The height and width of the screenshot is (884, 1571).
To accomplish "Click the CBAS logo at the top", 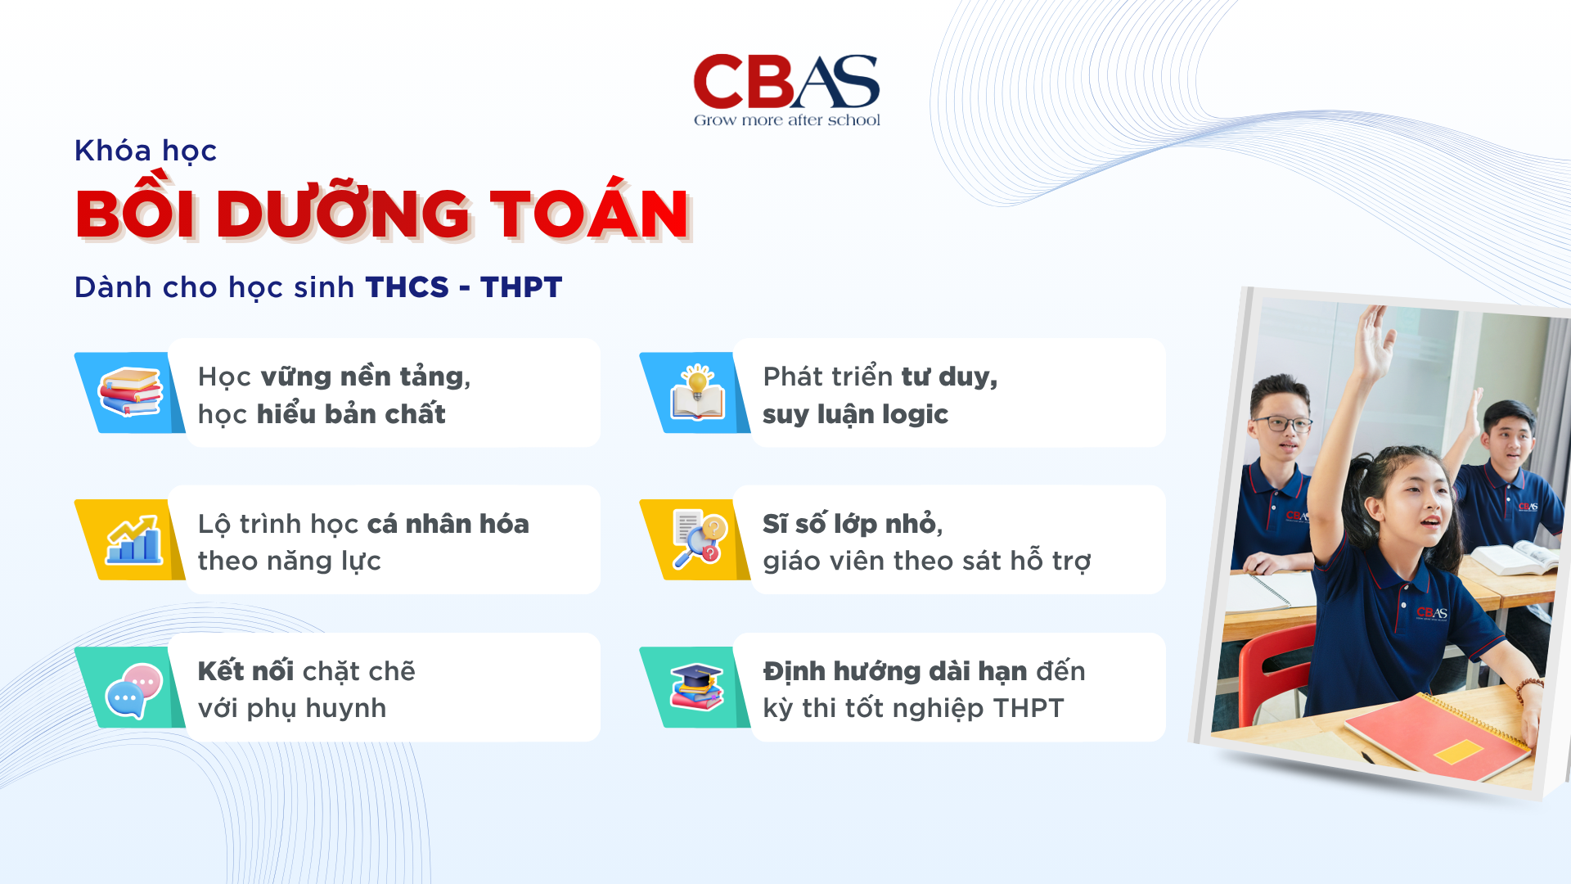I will (786, 82).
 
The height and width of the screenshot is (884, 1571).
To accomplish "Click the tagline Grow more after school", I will (786, 120).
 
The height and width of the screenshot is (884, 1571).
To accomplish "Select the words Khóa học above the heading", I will (146, 151).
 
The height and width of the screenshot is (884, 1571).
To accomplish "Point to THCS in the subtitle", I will (407, 287).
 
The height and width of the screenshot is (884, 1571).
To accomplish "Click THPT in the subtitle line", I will (521, 287).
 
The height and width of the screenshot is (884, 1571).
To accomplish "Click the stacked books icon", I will (129, 392).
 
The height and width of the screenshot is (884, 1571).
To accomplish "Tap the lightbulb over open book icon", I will (697, 393).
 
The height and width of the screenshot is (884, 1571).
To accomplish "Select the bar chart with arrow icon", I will (133, 540).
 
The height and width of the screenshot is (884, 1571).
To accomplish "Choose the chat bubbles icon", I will (133, 690).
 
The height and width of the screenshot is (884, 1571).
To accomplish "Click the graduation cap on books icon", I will (697, 687).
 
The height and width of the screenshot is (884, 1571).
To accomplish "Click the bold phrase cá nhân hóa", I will (448, 524).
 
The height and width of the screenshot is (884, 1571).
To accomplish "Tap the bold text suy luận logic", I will (855, 414).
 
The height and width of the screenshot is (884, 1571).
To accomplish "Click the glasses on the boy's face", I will (1281, 424).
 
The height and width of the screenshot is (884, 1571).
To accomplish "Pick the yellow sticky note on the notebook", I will (1458, 751).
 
